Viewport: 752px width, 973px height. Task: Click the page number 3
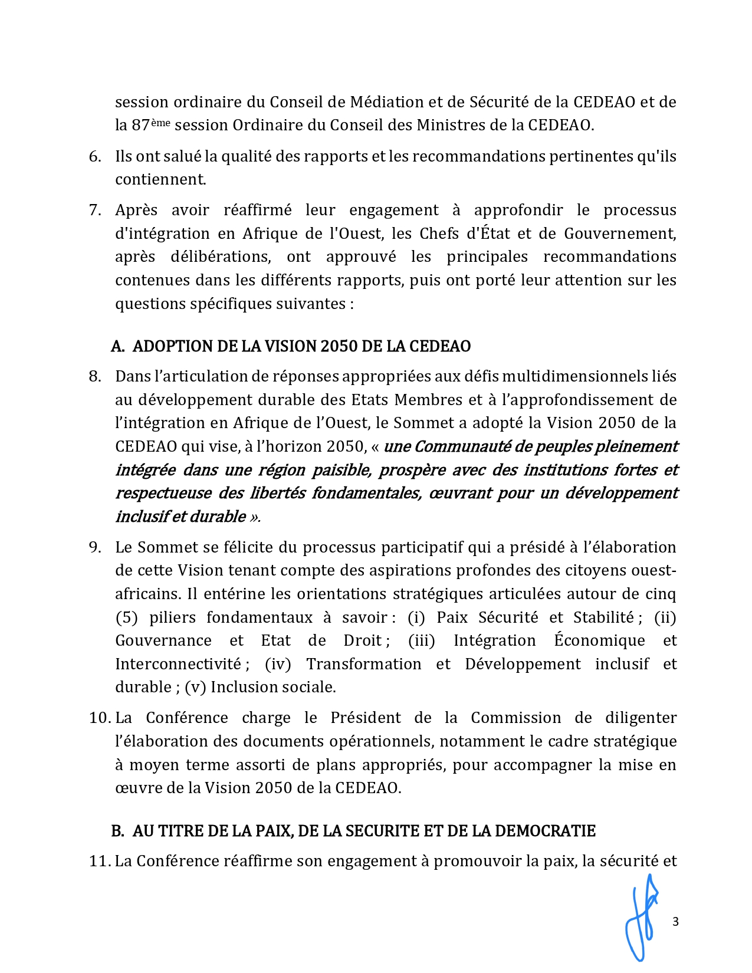click(x=675, y=922)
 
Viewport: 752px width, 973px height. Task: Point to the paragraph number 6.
click(x=95, y=156)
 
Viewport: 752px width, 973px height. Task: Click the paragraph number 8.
click(x=95, y=376)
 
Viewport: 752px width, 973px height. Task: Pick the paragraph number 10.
click(x=100, y=718)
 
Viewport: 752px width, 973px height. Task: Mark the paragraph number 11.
click(x=100, y=861)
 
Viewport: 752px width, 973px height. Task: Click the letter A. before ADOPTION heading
click(x=117, y=346)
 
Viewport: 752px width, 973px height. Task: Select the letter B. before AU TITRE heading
click(x=117, y=831)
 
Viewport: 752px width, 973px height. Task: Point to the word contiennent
click(x=160, y=179)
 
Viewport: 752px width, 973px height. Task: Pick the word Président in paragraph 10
click(x=365, y=718)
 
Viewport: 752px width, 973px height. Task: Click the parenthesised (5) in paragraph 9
click(x=126, y=617)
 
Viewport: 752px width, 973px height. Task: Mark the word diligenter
click(x=641, y=718)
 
